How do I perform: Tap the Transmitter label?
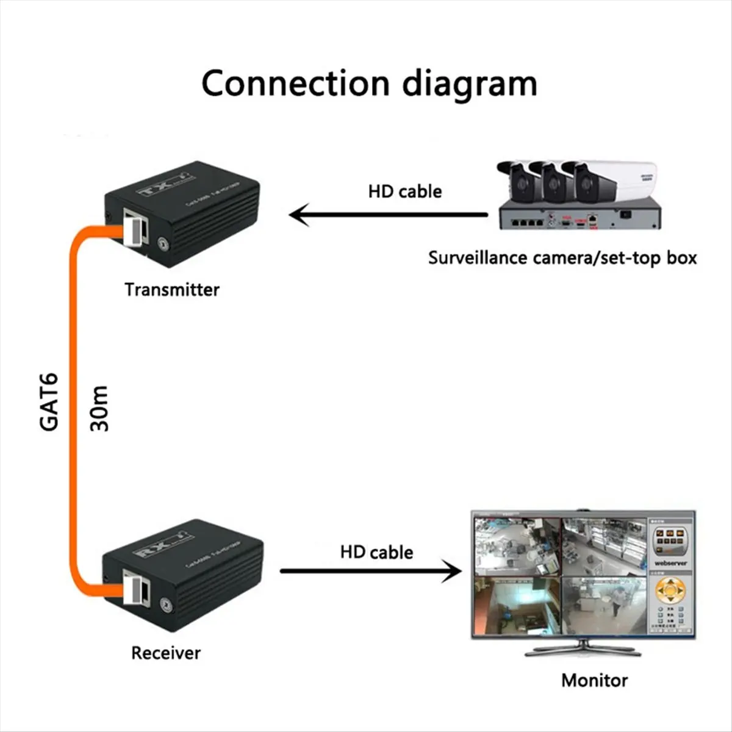(171, 289)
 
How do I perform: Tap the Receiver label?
(165, 653)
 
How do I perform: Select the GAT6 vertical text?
(49, 401)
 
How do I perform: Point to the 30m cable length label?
(99, 408)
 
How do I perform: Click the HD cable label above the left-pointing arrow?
(404, 191)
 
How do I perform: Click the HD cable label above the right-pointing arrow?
(376, 552)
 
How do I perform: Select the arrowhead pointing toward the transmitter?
(299, 215)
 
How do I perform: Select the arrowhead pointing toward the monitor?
(452, 572)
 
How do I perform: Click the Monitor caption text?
(594, 680)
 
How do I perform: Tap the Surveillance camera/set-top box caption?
(562, 257)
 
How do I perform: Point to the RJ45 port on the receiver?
(134, 587)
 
